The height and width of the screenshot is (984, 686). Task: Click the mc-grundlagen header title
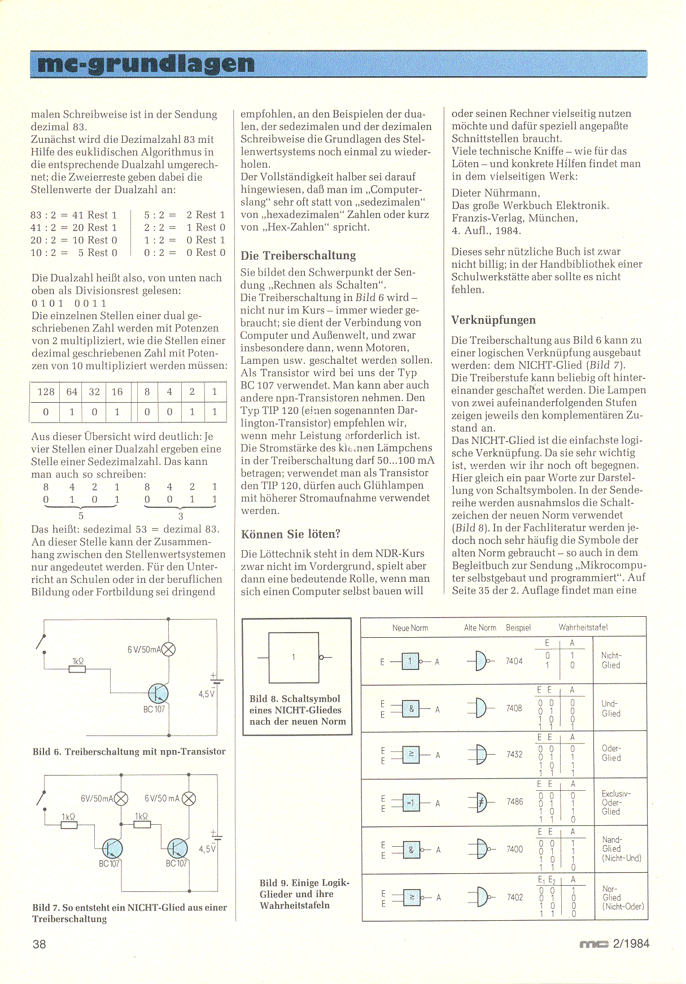[146, 64]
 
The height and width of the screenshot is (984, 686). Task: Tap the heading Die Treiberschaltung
[298, 255]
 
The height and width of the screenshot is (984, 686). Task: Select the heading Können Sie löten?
[291, 534]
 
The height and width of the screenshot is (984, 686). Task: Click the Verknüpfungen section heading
[493, 320]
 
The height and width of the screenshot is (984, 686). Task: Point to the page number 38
[40, 944]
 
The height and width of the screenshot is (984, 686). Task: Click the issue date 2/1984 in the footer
[631, 944]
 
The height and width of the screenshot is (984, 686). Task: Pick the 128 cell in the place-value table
[45, 392]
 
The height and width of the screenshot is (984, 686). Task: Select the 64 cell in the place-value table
[72, 392]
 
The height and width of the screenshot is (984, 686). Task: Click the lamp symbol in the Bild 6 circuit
[168, 650]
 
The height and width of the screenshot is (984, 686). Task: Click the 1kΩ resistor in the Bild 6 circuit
[77, 669]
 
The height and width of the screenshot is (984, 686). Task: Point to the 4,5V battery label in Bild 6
[206, 694]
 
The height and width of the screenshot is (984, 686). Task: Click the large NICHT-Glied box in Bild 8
[294, 658]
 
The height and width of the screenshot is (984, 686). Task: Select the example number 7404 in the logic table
[514, 661]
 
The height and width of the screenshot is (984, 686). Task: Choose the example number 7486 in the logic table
[514, 802]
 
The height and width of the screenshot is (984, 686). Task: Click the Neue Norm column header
[410, 628]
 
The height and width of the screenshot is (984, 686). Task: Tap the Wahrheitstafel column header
[583, 627]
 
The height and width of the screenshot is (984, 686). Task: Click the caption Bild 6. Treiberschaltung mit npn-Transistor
[129, 751]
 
